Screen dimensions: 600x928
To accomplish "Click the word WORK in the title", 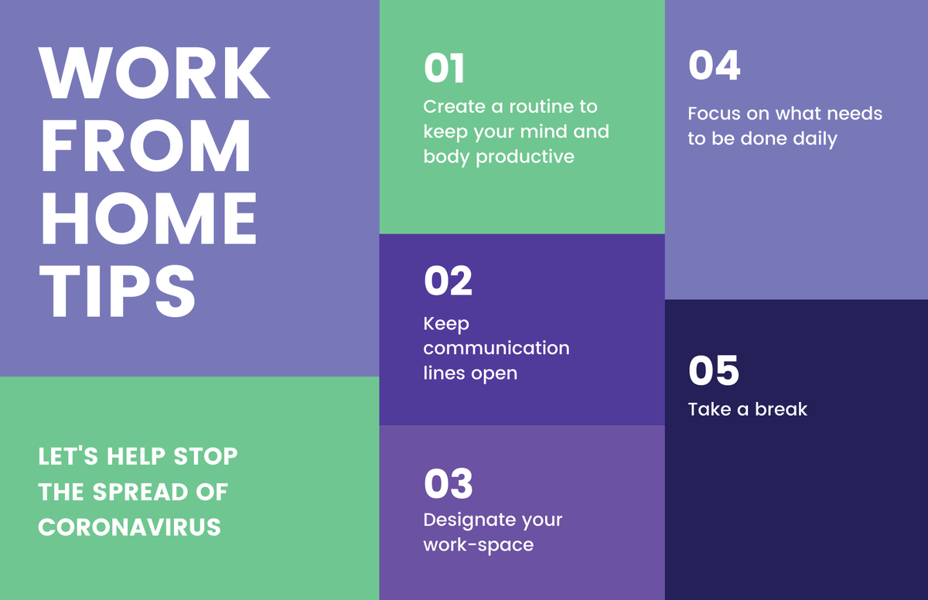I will point(155,74).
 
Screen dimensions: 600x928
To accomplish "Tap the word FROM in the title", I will point(145,146).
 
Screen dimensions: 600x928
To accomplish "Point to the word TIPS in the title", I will point(118,290).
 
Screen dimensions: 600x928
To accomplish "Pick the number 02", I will point(448,281).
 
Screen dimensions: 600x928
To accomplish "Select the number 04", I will point(714,66).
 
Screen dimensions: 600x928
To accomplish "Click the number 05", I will point(713,370).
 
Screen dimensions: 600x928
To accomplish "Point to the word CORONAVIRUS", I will point(130,527).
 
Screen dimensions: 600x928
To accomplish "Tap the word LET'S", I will point(67,456).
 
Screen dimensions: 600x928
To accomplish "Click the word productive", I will point(525,157).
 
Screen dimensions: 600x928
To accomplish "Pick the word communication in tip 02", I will point(496,348).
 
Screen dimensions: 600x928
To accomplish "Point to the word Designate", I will point(466,520).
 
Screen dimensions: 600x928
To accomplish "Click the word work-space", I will point(478,545).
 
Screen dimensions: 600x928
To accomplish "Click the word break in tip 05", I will point(780,409).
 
